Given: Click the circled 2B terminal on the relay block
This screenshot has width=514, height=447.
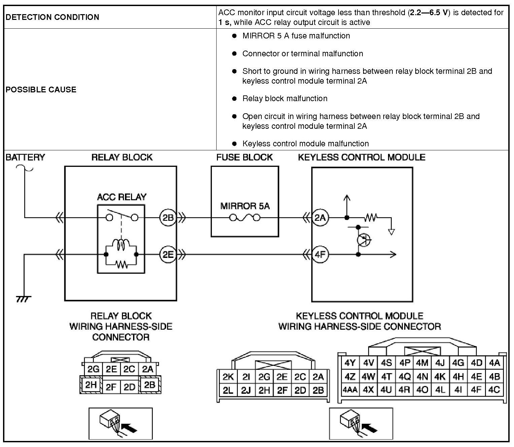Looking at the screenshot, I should point(168,218).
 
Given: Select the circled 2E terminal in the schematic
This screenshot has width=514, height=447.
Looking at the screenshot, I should point(168,255).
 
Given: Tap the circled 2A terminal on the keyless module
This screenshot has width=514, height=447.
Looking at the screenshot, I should point(320,218).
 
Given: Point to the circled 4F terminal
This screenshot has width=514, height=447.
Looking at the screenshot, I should point(320,255).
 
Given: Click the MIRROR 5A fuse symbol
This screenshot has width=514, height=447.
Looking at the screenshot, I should point(245,218).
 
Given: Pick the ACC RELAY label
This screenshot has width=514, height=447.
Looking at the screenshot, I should point(122,197).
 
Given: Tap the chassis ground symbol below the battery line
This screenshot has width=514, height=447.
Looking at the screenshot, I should point(24,299).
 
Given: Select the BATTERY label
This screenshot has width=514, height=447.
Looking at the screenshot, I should point(25,157).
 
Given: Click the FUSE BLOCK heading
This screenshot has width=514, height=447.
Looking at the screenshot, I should point(245,157).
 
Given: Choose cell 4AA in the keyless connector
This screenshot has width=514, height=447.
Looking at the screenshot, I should point(350,390).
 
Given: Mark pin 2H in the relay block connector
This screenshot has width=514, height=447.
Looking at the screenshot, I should point(91,385).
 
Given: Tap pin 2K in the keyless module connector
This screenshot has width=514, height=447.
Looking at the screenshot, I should point(228,377).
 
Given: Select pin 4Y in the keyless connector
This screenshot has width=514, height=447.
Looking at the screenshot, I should point(350,363).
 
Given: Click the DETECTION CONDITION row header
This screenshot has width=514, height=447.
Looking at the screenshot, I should point(52,17).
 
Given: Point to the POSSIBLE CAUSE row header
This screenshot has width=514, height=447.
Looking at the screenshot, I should point(41,89).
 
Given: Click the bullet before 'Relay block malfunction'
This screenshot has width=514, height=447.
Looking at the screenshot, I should point(234,98).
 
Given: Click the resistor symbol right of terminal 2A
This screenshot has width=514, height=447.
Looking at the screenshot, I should point(371,218).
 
